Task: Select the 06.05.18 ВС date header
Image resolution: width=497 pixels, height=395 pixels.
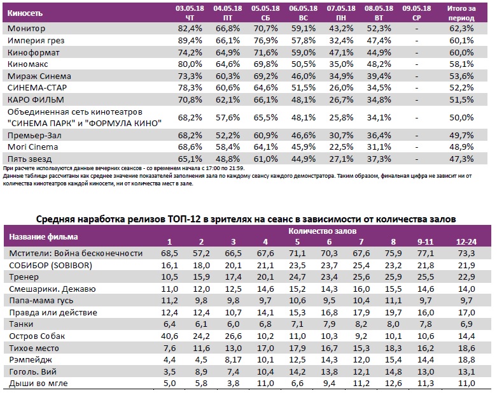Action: [x=298, y=12]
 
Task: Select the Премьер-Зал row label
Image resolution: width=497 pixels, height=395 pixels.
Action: [x=33, y=136]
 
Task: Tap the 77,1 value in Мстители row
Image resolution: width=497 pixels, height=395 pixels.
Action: [x=426, y=254]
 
